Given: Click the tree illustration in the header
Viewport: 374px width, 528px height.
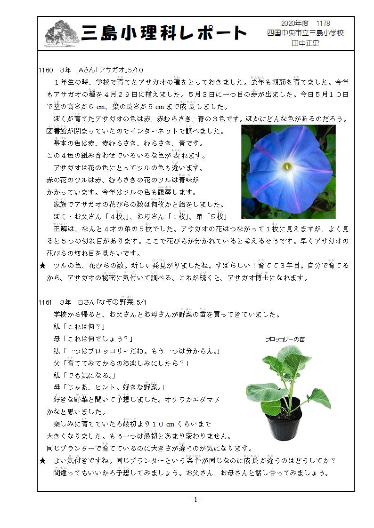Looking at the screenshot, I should pyautogui.click(x=62, y=33).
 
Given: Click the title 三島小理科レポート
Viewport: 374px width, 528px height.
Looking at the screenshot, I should pyautogui.click(x=164, y=33).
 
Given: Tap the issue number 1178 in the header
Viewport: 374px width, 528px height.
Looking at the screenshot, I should pyautogui.click(x=323, y=24).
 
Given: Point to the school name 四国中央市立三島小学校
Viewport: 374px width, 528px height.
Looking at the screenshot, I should pyautogui.click(x=305, y=33).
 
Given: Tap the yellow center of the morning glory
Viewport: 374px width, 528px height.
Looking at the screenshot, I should pyautogui.click(x=287, y=166).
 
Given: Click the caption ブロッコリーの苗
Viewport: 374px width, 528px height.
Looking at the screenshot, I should pyautogui.click(x=285, y=339).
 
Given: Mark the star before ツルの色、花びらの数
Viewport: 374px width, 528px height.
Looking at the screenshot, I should pyautogui.click(x=42, y=266).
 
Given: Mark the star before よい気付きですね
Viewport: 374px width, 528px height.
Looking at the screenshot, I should pyautogui.click(x=42, y=461).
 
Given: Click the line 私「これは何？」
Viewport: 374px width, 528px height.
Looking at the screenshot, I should pyautogui.click(x=79, y=326).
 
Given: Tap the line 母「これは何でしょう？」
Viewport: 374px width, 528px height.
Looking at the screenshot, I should pyautogui.click(x=93, y=339).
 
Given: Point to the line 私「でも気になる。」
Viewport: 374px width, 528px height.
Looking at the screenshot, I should pyautogui.click(x=85, y=375).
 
